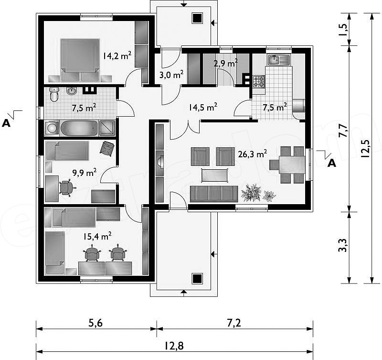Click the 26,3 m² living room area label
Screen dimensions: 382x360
click(253, 154)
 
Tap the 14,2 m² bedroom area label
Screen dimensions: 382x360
click(117, 55)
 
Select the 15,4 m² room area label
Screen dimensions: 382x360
click(97, 236)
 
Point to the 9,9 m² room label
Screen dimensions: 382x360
click(85, 173)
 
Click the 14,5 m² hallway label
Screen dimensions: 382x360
click(203, 107)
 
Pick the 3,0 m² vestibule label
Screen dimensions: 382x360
click(171, 75)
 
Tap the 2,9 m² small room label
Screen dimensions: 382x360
click(225, 63)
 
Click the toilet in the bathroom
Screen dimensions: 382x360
click(54, 94)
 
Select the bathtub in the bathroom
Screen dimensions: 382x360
click(79, 128)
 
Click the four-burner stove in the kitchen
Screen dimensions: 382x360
click(258, 82)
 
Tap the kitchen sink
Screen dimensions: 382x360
click(279, 60)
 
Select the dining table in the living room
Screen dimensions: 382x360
click(292, 164)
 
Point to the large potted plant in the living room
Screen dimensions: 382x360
click(251, 193)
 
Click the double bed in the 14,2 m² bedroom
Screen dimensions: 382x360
click(80, 60)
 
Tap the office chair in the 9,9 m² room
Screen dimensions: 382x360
click(66, 187)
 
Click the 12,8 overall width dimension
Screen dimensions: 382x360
click(174, 345)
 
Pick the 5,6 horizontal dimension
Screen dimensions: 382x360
click(95, 323)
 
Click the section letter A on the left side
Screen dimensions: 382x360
click(6, 123)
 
